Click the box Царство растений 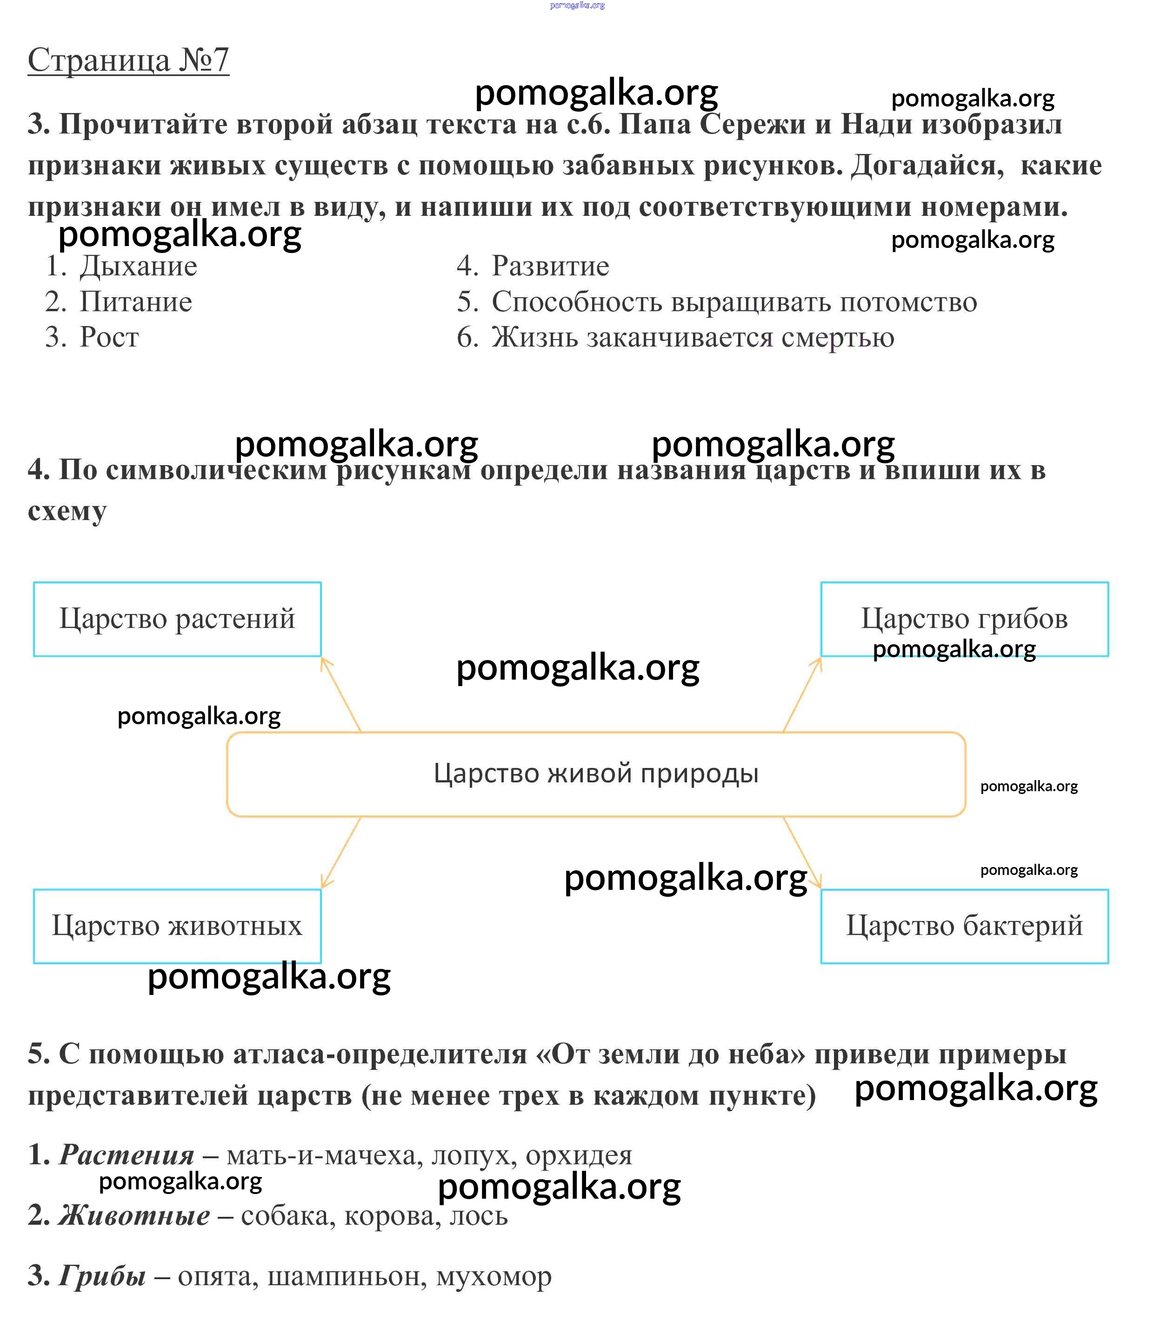pyautogui.click(x=177, y=619)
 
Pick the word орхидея pyautogui.click(x=579, y=1155)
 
